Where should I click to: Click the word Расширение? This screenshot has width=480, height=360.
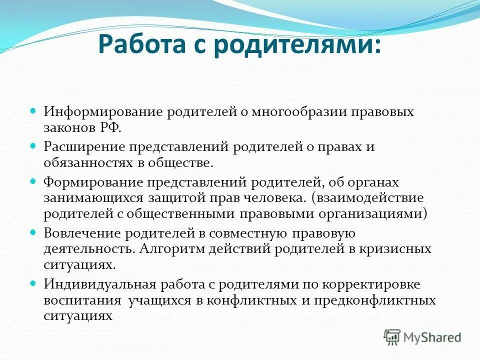[84, 147]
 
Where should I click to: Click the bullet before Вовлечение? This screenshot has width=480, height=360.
[34, 233]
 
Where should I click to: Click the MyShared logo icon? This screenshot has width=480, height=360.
[392, 337]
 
